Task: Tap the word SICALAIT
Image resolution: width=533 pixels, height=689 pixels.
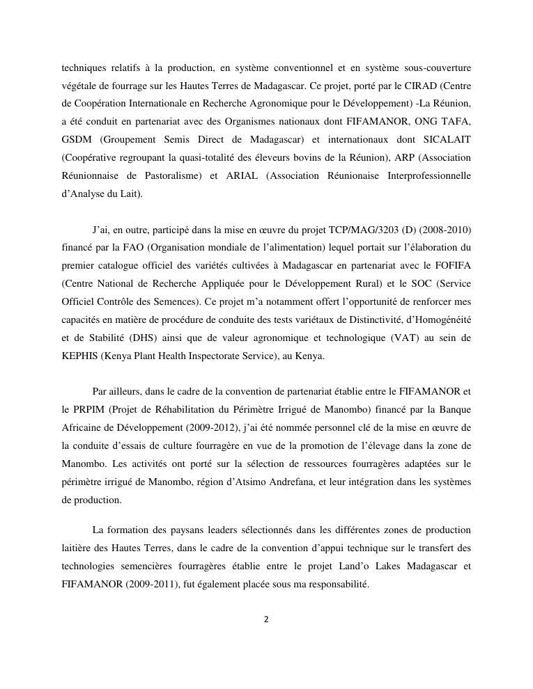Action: pos(447,140)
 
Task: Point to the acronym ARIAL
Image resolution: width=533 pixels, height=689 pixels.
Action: pos(242,176)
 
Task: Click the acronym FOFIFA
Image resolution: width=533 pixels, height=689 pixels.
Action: pos(451,265)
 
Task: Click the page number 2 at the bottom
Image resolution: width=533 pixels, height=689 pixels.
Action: pos(266,619)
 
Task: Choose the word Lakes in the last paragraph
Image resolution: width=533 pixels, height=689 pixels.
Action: pos(369,567)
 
